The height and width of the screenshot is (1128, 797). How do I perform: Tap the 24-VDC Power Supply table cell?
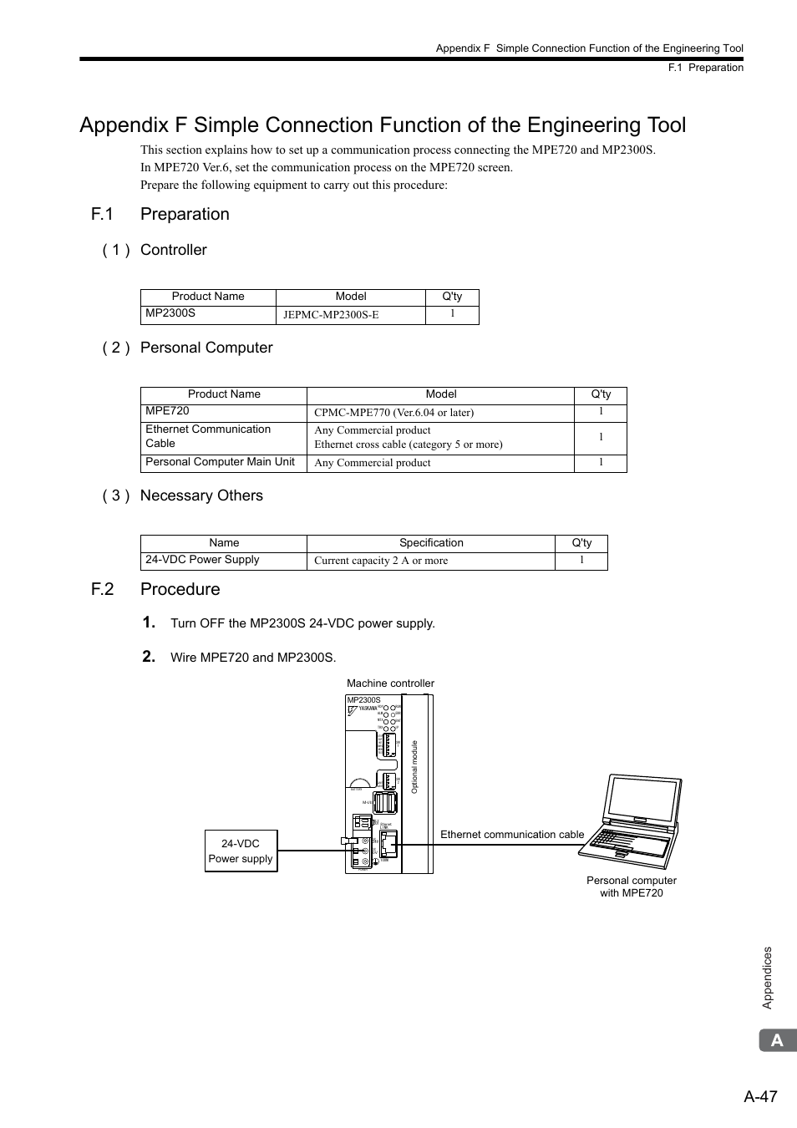[x=223, y=561]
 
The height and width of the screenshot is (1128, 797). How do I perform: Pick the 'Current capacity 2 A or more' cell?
[x=430, y=561]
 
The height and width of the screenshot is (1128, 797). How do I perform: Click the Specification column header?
[x=431, y=543]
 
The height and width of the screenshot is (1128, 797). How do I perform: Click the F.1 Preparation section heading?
[x=160, y=214]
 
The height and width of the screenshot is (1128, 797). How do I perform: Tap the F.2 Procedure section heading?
[x=156, y=589]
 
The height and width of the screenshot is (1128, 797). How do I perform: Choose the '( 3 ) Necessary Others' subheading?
[x=183, y=495]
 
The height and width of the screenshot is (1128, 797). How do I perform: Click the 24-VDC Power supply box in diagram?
[x=241, y=851]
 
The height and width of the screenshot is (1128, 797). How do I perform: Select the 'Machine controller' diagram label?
[x=390, y=683]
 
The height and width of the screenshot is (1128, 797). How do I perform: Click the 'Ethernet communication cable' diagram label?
[x=512, y=835]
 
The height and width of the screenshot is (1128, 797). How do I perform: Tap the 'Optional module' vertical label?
[x=414, y=766]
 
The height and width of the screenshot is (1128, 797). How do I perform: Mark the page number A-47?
[x=760, y=1096]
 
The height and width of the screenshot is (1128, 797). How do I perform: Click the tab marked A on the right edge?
[x=778, y=1040]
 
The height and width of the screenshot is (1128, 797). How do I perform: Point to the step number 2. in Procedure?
[x=149, y=657]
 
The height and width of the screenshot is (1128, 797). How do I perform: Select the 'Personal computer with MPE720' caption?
[x=632, y=887]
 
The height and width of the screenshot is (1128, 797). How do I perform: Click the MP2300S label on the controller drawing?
[x=363, y=700]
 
